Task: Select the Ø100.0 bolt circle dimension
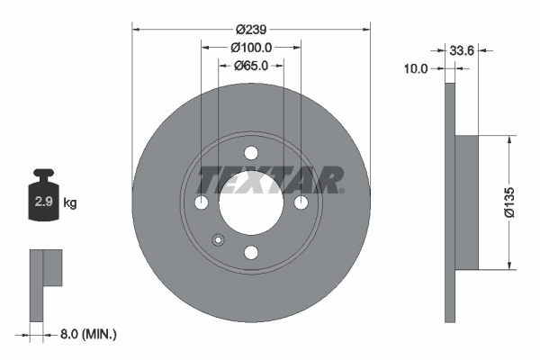click(x=251, y=47)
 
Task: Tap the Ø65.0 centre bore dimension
click(x=253, y=65)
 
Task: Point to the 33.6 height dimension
click(x=462, y=51)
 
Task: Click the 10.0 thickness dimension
click(x=416, y=68)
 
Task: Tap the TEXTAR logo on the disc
click(x=270, y=179)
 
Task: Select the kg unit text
click(x=69, y=203)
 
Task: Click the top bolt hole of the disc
click(x=251, y=153)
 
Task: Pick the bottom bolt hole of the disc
click(x=251, y=253)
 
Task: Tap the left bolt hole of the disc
click(x=202, y=203)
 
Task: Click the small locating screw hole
click(x=217, y=239)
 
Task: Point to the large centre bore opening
click(x=251, y=203)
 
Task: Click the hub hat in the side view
click(x=465, y=202)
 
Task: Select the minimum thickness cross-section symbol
click(x=45, y=283)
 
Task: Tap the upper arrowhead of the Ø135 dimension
click(x=511, y=140)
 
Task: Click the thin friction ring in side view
click(x=449, y=202)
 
